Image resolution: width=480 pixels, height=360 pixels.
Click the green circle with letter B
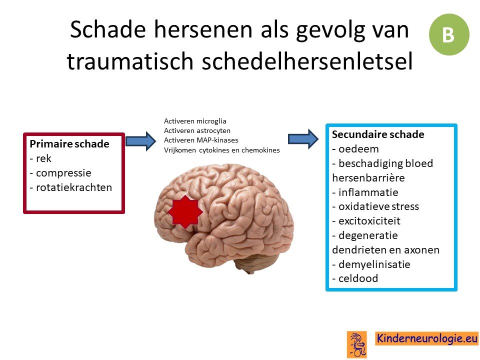click(x=449, y=34)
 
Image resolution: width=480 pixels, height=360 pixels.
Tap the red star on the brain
click(x=185, y=212)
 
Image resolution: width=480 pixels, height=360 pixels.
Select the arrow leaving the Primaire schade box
click(x=141, y=141)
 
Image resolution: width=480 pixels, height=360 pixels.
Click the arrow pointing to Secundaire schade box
click(x=303, y=139)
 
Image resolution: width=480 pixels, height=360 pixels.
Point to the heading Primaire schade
click(x=69, y=144)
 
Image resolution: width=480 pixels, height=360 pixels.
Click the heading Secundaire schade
click(x=378, y=134)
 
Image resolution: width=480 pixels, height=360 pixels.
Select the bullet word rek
click(x=43, y=158)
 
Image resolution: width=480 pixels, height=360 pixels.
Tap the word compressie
click(x=63, y=173)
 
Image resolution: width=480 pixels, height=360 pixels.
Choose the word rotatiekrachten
click(x=74, y=187)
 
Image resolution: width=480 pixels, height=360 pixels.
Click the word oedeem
click(x=358, y=149)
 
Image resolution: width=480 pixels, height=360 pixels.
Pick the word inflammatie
click(x=368, y=192)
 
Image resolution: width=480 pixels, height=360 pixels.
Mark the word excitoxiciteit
click(x=369, y=220)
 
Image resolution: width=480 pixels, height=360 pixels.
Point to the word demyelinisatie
click(x=374, y=264)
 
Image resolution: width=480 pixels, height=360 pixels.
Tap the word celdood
click(x=358, y=278)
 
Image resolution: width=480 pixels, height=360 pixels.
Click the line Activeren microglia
click(x=195, y=121)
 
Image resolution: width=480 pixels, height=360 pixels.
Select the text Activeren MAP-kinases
click(x=201, y=140)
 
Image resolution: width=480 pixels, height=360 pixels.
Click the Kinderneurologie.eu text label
click(x=426, y=338)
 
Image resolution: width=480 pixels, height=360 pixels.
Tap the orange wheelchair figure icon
click(x=357, y=344)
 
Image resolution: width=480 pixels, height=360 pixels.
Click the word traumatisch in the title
click(x=130, y=61)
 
